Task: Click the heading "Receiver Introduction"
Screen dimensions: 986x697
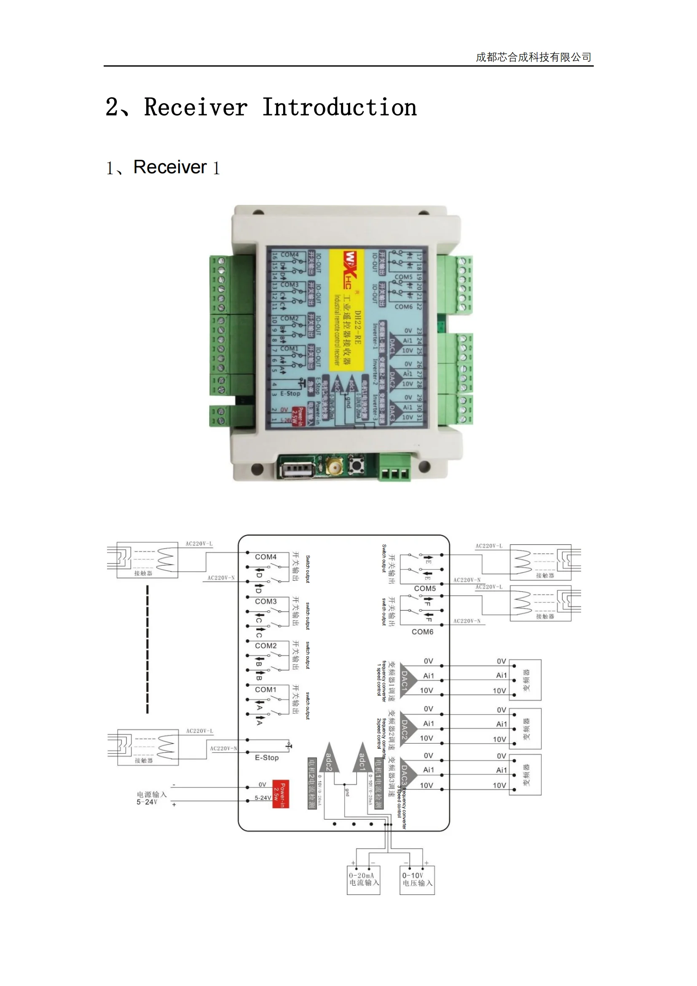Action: [x=280, y=107]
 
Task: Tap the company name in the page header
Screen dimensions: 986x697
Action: [x=533, y=57]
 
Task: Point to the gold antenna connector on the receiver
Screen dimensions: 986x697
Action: [x=334, y=465]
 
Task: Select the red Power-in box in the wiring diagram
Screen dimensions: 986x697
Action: [x=281, y=794]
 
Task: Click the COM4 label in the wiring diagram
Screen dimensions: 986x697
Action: [x=265, y=556]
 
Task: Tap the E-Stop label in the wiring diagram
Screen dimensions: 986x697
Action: [x=266, y=758]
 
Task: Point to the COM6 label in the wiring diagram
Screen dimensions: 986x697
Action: [x=422, y=632]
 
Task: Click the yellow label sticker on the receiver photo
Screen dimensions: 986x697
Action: [x=347, y=309]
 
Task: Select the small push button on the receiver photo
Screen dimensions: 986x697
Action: [x=355, y=465]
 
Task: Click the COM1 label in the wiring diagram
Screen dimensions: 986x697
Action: [x=265, y=689]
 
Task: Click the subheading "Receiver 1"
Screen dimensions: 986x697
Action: [x=163, y=167]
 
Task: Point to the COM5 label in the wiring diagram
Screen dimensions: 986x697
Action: [x=424, y=588]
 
